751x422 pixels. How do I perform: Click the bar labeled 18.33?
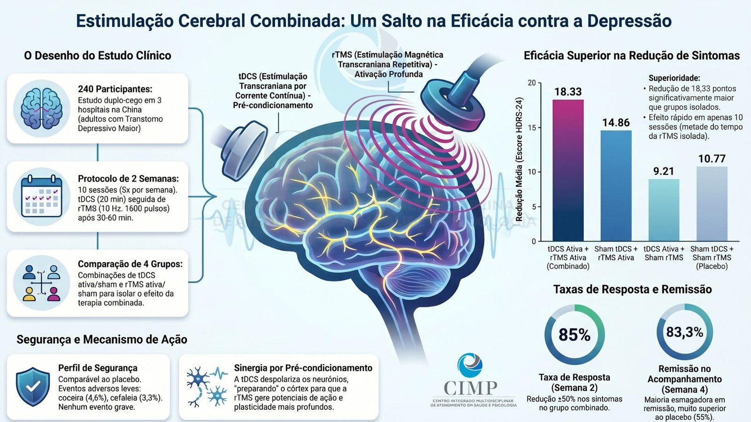568,170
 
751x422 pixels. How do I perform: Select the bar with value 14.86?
616,186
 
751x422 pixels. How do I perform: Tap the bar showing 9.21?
664,210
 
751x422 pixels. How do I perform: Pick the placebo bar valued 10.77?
712,203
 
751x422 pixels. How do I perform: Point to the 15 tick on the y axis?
532,128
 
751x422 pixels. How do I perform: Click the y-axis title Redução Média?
519,159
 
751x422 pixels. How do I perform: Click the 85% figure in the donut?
575,335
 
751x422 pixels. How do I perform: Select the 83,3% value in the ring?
685,332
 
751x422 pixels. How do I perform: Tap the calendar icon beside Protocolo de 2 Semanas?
42,196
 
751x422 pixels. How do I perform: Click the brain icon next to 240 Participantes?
42,108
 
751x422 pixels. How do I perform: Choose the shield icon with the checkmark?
33,386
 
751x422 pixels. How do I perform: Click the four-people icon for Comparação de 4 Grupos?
42,283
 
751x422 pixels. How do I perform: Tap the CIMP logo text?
471,388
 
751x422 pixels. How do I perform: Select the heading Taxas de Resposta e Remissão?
632,289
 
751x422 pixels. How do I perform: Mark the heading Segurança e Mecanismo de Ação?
102,339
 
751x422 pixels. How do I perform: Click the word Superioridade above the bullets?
674,78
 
